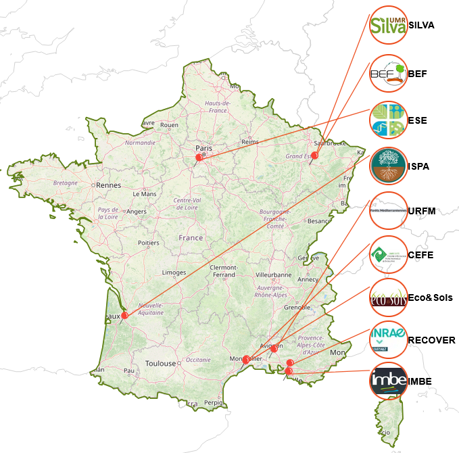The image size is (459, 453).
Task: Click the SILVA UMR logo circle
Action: click(x=389, y=26)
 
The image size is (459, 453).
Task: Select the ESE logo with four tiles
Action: click(x=389, y=120)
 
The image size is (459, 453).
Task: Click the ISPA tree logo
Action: click(x=389, y=166)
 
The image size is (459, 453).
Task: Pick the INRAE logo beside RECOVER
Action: click(x=389, y=339)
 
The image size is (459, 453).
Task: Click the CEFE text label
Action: click(x=420, y=255)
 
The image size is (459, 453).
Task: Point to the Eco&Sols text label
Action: click(x=430, y=297)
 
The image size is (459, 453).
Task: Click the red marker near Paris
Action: click(x=199, y=157)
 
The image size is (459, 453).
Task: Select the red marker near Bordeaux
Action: click(x=124, y=315)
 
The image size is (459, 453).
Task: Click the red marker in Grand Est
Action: click(x=314, y=156)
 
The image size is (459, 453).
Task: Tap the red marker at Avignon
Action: click(x=274, y=349)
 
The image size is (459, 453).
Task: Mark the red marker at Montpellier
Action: click(x=246, y=360)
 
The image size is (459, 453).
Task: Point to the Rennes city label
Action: click(x=107, y=185)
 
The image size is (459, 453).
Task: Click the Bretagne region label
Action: click(x=66, y=183)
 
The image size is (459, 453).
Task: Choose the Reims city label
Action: click(x=250, y=142)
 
